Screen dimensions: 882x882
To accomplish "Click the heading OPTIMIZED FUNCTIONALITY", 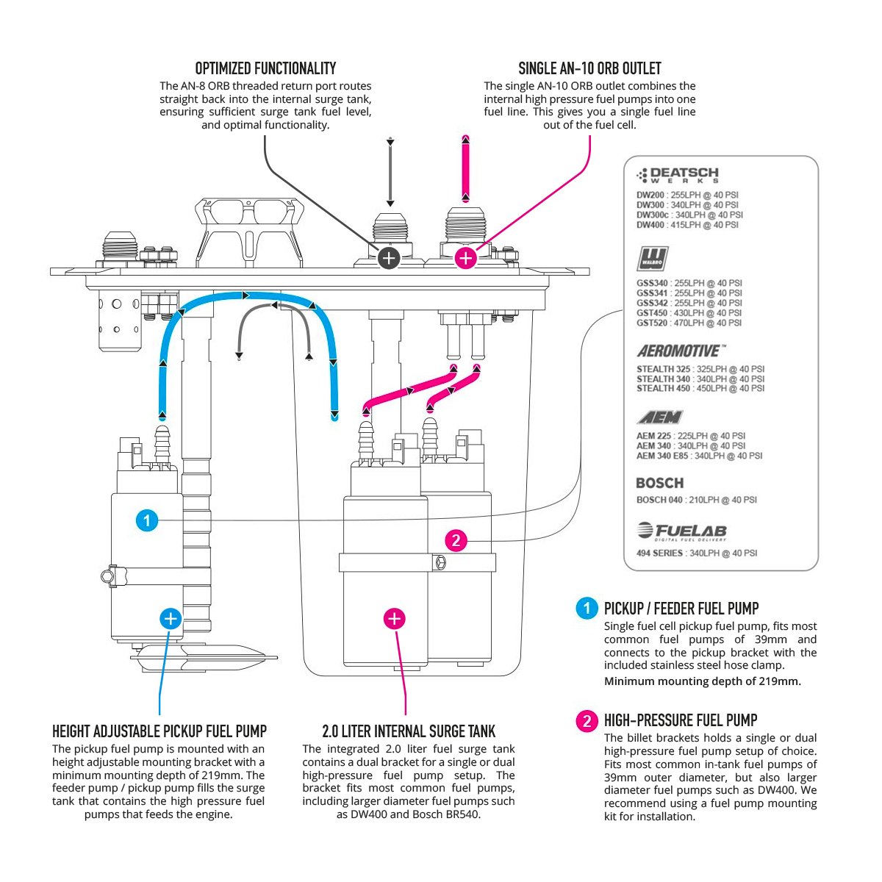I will point(265,69).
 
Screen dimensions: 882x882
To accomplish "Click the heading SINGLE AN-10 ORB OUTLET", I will point(589,69).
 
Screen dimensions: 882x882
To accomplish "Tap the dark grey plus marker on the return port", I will point(389,258).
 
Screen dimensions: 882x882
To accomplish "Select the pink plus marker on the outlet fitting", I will point(466,258).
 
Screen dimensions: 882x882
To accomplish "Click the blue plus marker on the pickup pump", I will point(171,619).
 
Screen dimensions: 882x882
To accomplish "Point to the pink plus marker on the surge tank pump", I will point(395,619).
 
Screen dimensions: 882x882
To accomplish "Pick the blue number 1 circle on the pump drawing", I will point(147,521).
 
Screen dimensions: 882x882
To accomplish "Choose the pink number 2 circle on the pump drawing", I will point(456,541).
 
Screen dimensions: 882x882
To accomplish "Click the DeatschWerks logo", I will point(677,175).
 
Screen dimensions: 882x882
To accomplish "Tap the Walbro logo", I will point(652,259).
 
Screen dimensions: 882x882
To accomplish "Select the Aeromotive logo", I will point(681,351).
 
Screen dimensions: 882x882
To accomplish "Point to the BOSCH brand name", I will point(659,483).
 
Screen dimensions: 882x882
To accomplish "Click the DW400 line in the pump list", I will point(687,225).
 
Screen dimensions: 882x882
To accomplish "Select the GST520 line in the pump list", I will point(689,323).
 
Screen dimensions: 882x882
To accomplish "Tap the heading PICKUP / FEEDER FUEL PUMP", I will point(681,609).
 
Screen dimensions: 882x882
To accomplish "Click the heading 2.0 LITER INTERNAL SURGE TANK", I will point(409,731).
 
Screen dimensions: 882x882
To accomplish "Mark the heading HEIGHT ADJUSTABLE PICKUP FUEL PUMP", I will point(159,731).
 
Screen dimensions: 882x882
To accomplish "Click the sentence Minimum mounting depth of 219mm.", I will point(702,681).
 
